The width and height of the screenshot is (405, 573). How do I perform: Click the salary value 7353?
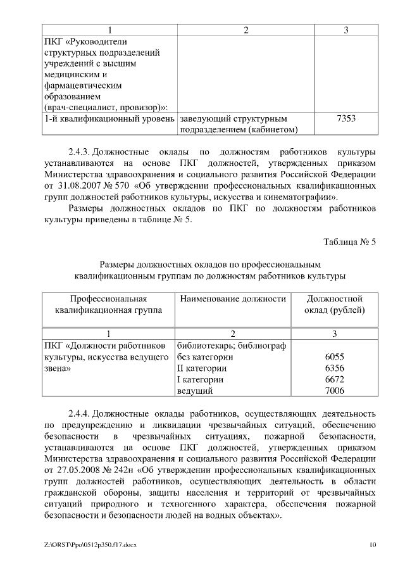click(334, 118)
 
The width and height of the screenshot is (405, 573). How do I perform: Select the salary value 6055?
click(334, 357)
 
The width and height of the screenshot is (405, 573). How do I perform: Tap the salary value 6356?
click(334, 368)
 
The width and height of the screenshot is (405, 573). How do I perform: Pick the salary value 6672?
click(334, 380)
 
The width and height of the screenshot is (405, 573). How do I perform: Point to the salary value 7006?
click(334, 391)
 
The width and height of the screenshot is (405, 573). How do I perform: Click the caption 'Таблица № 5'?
click(350, 242)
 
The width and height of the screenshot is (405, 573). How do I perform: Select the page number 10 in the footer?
click(373, 544)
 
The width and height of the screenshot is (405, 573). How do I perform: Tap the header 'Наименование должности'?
click(233, 299)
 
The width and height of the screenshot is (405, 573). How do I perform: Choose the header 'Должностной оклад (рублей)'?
click(334, 305)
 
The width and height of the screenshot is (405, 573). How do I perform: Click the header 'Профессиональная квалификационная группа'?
click(108, 305)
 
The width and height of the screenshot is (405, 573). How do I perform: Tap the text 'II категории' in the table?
click(202, 368)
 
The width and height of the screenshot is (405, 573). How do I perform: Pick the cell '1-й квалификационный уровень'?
click(109, 118)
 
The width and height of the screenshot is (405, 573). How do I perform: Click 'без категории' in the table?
click(206, 357)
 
